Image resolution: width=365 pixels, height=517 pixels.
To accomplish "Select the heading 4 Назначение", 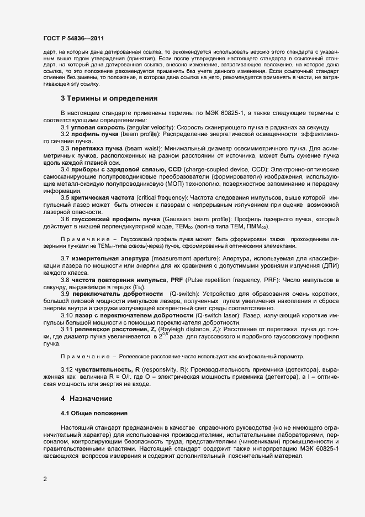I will pos(88,398).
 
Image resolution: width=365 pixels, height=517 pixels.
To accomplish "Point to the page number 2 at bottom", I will pos(44,479).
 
